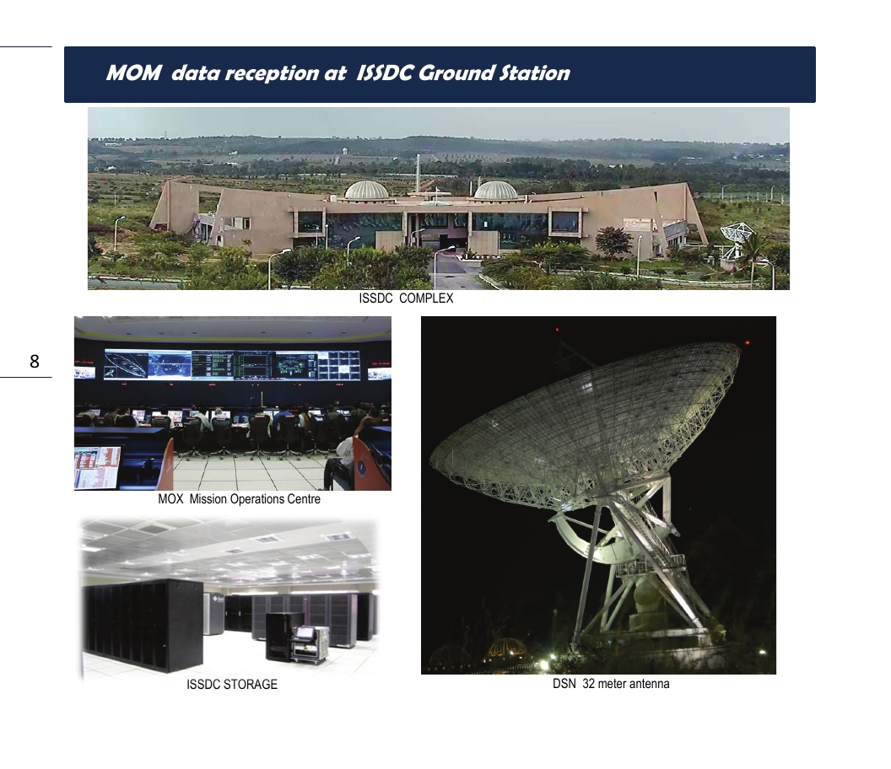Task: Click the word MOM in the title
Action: pyautogui.click(x=133, y=73)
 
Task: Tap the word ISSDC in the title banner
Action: pyautogui.click(x=384, y=73)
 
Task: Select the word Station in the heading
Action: pyautogui.click(x=534, y=73)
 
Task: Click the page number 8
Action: pyautogui.click(x=35, y=361)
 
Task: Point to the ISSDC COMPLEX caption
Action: pyautogui.click(x=406, y=298)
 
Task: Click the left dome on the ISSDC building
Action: pyautogui.click(x=366, y=191)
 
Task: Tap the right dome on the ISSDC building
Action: pyautogui.click(x=495, y=191)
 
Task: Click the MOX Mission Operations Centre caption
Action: pyautogui.click(x=240, y=499)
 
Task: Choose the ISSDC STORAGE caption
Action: pyautogui.click(x=232, y=685)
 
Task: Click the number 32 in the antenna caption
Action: pyautogui.click(x=588, y=684)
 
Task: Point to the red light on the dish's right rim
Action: pyautogui.click(x=748, y=342)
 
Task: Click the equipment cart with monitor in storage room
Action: pyautogui.click(x=310, y=644)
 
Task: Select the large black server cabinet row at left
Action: pyautogui.click(x=143, y=625)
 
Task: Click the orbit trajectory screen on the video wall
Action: pyautogui.click(x=127, y=364)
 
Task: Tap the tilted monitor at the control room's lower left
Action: pyautogui.click(x=97, y=467)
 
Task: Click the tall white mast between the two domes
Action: pyautogui.click(x=418, y=173)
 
